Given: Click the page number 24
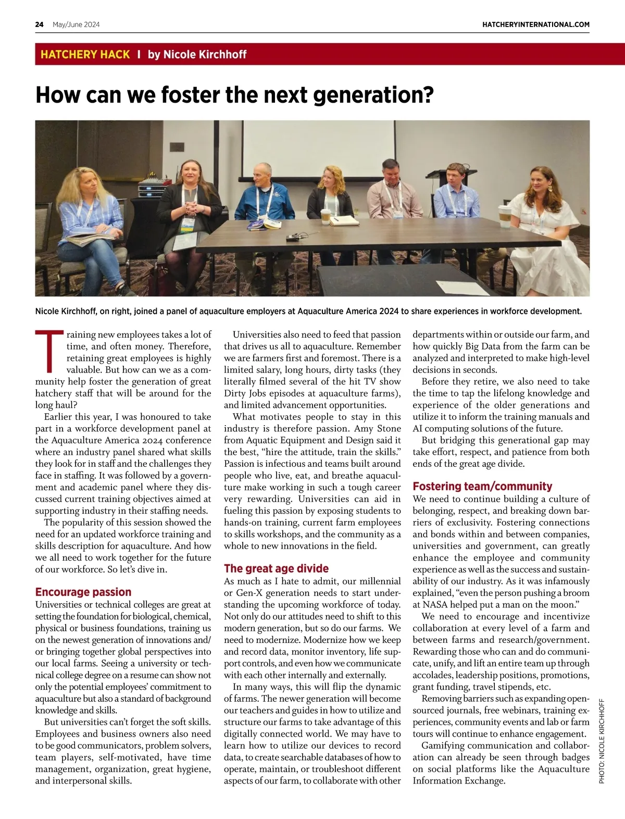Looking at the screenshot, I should tap(39, 24).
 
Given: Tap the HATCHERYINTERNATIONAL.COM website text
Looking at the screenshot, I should tap(536, 24).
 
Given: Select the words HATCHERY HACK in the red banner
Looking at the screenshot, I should tap(85, 54).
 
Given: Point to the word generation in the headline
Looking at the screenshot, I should tap(371, 95).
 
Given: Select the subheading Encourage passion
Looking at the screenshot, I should tap(83, 592).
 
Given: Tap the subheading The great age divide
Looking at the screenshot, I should tap(276, 568).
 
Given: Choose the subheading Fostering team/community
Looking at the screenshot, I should tap(482, 486).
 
